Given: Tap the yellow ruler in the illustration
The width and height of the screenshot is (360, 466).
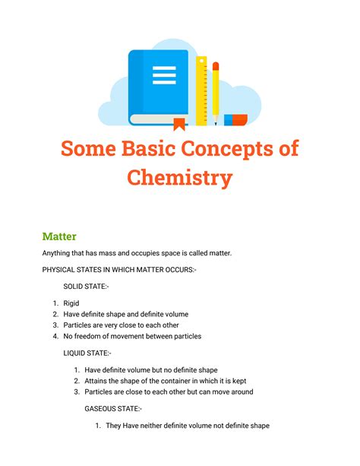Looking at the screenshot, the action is (x=201, y=90).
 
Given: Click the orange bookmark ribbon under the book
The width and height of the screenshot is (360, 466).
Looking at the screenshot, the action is (x=179, y=124).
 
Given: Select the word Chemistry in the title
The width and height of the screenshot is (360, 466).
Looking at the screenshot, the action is (x=180, y=178).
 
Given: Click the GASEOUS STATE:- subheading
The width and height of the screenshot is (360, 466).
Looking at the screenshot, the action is (x=112, y=408).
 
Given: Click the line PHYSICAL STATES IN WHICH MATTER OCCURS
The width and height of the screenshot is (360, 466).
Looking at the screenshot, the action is (x=119, y=269).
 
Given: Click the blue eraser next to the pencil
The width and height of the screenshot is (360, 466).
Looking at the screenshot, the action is (x=235, y=119).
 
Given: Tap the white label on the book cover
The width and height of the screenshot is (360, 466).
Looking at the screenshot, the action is (x=163, y=75).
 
